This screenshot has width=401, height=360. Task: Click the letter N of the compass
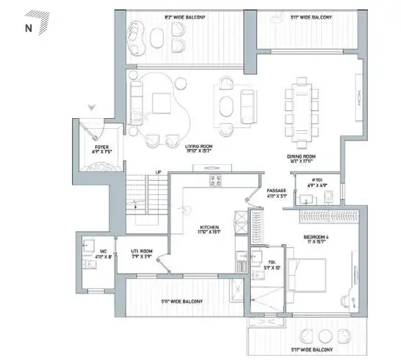point(28,29)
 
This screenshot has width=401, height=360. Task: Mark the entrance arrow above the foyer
point(91,107)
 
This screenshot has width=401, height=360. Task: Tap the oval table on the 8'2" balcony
point(153,34)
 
